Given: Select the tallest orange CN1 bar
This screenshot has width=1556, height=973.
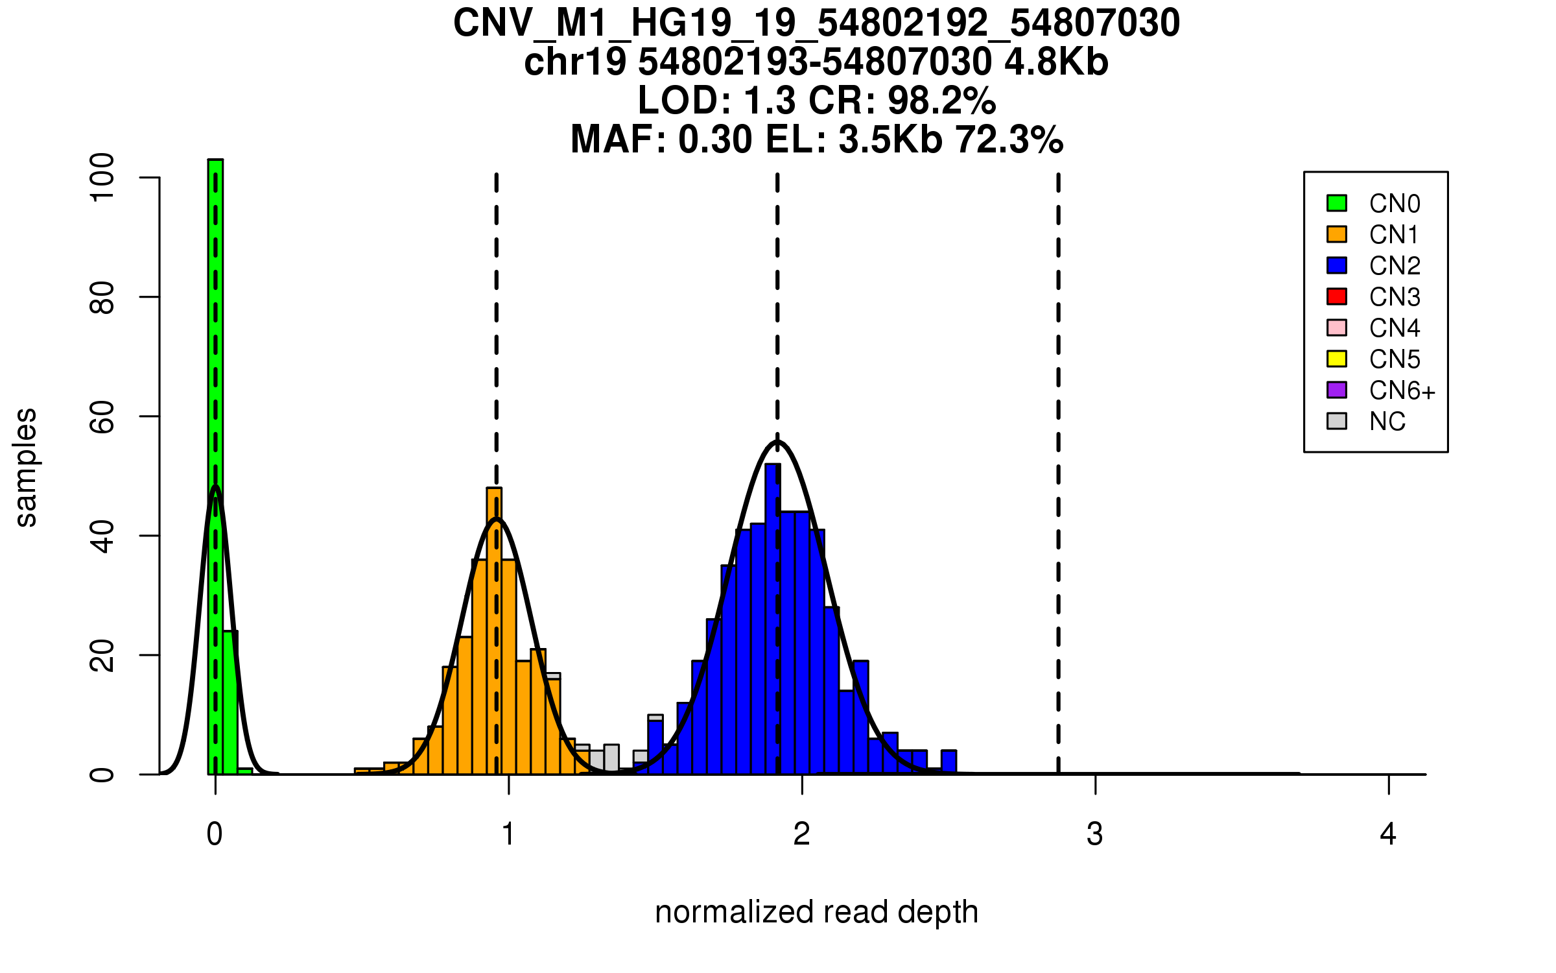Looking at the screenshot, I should (494, 629).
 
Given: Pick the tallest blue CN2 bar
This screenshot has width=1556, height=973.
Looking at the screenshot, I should (773, 616).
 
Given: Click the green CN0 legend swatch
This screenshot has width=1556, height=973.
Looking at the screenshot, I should (1337, 203).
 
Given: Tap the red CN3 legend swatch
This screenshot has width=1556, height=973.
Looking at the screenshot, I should (1337, 296).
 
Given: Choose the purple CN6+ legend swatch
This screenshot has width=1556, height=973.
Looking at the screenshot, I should (1337, 390).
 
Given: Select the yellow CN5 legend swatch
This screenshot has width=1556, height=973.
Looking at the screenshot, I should (1337, 359).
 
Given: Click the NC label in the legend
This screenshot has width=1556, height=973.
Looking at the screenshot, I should (1387, 422).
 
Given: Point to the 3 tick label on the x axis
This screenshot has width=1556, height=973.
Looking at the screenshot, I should (1095, 834).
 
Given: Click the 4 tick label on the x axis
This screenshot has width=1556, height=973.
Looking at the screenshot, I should (1388, 834).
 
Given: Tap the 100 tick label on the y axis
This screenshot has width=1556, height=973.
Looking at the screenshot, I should (102, 177).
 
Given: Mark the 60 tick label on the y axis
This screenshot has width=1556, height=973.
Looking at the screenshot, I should (102, 416).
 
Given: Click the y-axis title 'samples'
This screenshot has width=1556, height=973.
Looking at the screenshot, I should (26, 467).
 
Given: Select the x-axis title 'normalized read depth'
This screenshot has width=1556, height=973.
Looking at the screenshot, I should (816, 912).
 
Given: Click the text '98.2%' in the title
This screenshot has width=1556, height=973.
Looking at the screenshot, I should (941, 101).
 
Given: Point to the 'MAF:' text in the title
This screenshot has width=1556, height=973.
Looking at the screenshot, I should (619, 139).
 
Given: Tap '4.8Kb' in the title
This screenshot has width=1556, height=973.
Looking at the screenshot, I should (1056, 62).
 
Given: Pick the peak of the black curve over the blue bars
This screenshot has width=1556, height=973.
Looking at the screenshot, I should (777, 442).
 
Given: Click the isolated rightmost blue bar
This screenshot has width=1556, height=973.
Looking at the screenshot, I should (949, 762).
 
